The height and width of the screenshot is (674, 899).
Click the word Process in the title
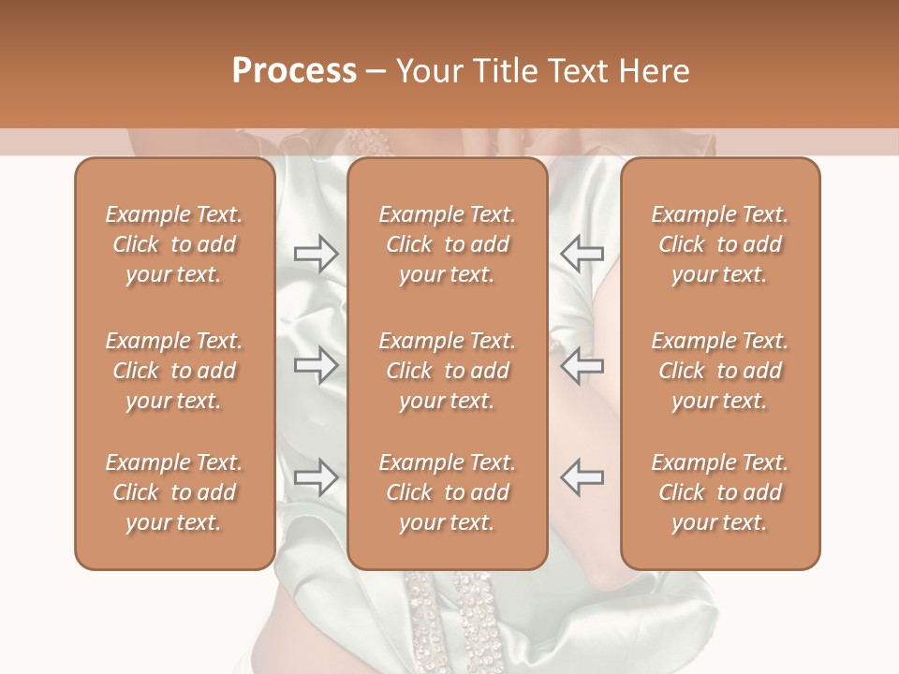point(294,71)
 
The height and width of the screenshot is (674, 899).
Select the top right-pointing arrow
point(316,254)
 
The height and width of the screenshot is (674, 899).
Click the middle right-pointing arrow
point(316,364)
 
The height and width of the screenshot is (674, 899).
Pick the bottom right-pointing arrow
point(316,477)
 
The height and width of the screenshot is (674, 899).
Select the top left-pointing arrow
point(582,254)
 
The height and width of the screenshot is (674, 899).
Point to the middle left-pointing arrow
point(582,364)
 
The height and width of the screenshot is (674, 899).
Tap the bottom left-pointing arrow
point(582,477)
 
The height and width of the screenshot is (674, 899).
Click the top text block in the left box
point(174,244)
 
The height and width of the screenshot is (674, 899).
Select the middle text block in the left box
point(174,371)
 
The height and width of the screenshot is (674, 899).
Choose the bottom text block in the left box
point(174,492)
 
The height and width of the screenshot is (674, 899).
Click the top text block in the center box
point(448,244)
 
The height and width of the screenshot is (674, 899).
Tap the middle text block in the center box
point(448,371)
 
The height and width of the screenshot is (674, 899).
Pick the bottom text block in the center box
point(448,492)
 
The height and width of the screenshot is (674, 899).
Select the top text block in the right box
point(720,244)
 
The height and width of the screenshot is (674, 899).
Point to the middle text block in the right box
point(720,371)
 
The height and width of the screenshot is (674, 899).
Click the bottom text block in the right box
point(720,492)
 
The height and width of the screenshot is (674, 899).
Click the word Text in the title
point(577,71)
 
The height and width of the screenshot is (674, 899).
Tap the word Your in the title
point(428,71)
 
